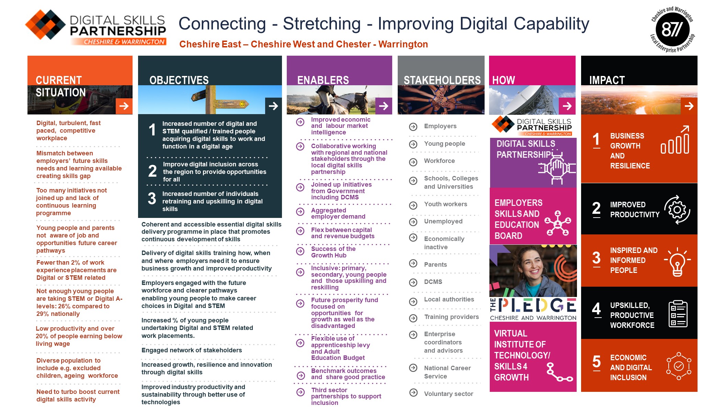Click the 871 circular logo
pyautogui.click(x=672, y=29)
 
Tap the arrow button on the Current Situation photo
pyautogui.click(x=124, y=106)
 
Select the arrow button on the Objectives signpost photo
pyautogui.click(x=273, y=106)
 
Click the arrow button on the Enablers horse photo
pyautogui.click(x=384, y=106)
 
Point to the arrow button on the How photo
pyautogui.click(x=567, y=106)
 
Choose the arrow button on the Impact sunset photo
pyautogui.click(x=689, y=106)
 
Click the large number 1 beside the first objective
pyautogui.click(x=152, y=130)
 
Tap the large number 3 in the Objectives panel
pyautogui.click(x=152, y=199)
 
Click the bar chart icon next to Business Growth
pyautogui.click(x=675, y=140)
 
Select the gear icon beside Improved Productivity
pyautogui.click(x=677, y=210)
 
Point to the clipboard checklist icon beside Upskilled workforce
pyautogui.click(x=678, y=313)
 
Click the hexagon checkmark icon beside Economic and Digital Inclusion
pyautogui.click(x=679, y=366)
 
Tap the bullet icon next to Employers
pyautogui.click(x=413, y=127)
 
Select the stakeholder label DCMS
pyautogui.click(x=433, y=282)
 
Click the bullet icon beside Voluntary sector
pyautogui.click(x=414, y=393)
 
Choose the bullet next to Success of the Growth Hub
pyautogui.click(x=300, y=251)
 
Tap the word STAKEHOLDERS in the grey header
pyautogui.click(x=442, y=80)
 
